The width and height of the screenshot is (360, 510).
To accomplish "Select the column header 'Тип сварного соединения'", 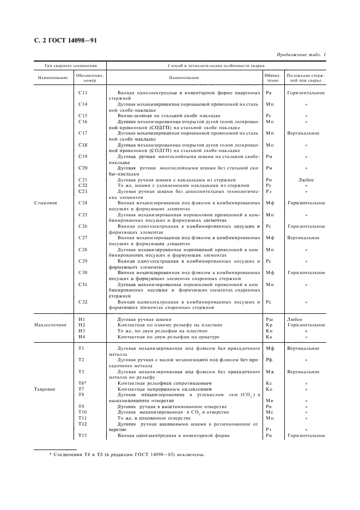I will point(70,65).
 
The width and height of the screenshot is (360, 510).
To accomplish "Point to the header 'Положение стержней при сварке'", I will point(306,78).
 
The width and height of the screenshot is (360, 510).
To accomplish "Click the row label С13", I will point(83,93).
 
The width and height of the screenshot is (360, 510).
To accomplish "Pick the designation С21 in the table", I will point(83,179).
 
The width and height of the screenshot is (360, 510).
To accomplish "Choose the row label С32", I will point(83,301).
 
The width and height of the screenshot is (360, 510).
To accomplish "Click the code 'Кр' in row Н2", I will point(269,325).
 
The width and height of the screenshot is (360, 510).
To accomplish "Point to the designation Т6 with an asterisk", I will point(83,383).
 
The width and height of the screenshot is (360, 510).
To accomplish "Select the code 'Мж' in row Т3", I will point(269,371).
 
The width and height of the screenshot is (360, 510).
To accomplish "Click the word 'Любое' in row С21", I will point(306,179).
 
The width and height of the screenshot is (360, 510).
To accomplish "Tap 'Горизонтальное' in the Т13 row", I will point(306,435).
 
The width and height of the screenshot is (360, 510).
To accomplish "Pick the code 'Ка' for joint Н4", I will point(269,337).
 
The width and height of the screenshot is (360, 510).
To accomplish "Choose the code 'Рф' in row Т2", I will point(269,360).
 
